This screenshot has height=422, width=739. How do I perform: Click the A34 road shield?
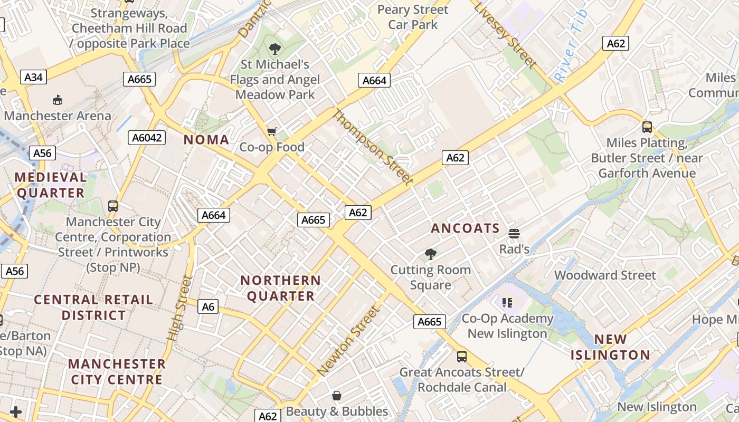click(33, 78)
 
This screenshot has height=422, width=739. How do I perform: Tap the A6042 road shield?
click(147, 138)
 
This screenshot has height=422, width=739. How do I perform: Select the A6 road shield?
click(209, 306)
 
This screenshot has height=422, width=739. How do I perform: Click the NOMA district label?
click(206, 140)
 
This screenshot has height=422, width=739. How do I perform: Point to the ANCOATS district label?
click(465, 228)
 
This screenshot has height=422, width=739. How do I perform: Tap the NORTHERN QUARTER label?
click(281, 288)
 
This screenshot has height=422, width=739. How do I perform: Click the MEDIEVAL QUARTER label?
click(51, 185)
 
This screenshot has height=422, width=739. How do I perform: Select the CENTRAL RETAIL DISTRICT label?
click(93, 308)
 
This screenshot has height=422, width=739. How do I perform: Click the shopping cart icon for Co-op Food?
click(272, 131)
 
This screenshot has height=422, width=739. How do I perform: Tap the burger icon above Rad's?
click(514, 233)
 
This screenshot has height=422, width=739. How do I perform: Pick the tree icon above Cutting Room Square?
click(431, 254)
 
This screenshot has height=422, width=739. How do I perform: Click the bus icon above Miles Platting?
click(647, 127)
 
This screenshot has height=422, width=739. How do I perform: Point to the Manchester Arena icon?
click(58, 100)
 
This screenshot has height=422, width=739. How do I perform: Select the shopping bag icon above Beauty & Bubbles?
click(337, 396)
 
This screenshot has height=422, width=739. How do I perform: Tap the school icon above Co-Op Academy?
click(507, 303)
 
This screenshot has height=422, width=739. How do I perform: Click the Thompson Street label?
click(373, 147)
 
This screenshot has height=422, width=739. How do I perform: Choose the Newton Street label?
click(348, 341)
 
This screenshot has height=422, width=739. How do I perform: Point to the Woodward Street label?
click(605, 275)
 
